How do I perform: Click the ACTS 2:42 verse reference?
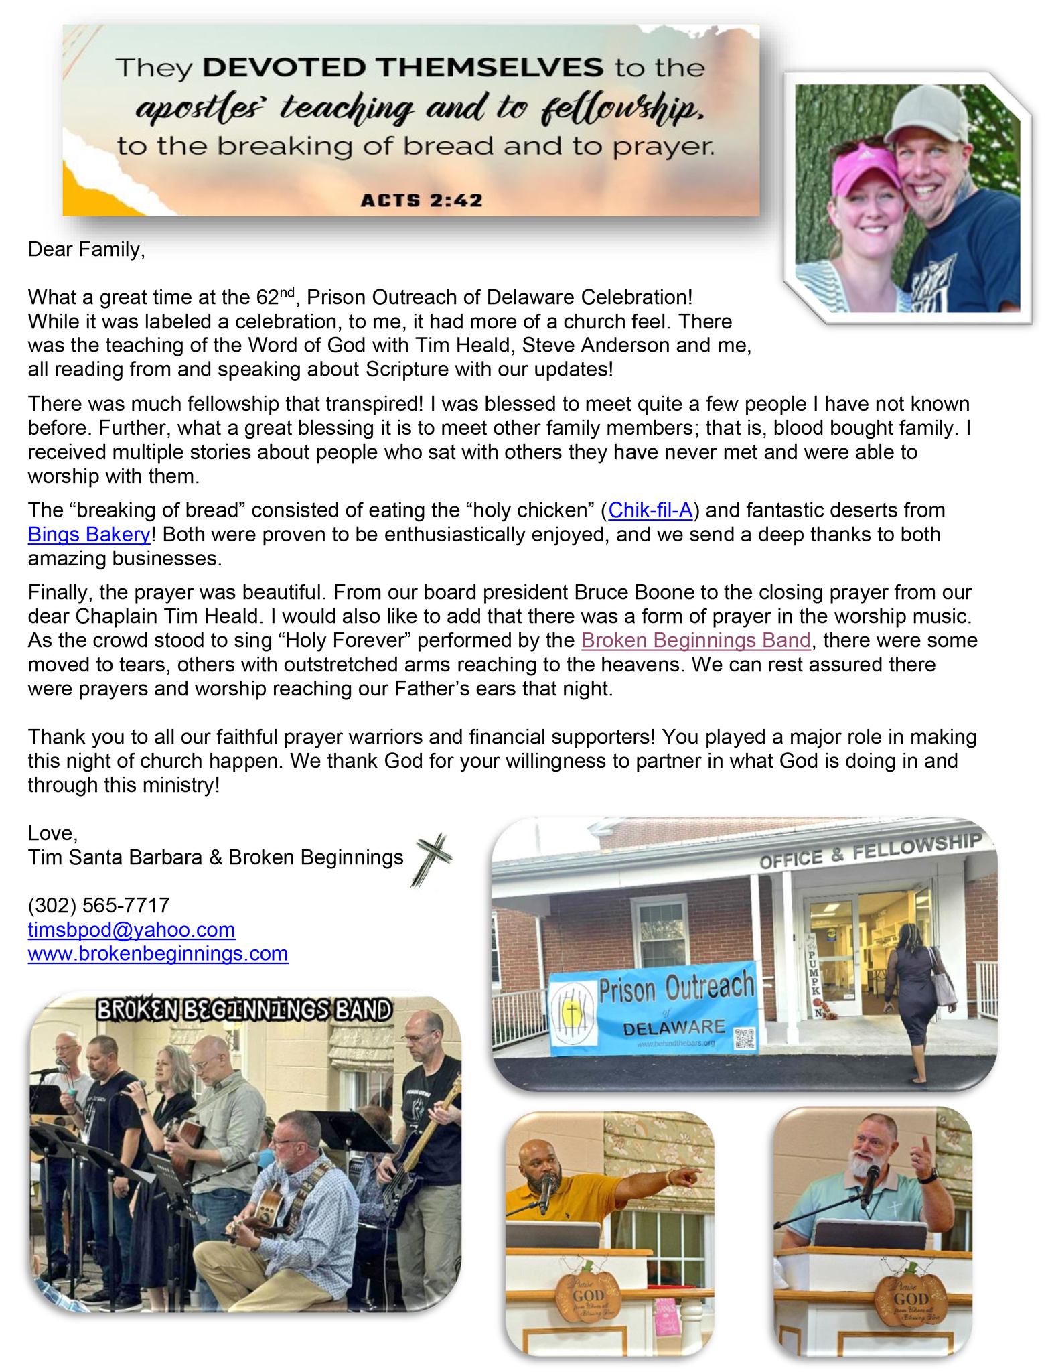click(421, 200)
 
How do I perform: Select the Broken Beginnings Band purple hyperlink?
click(696, 640)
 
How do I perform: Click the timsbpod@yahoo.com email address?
click(131, 929)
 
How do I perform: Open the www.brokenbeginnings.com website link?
click(158, 953)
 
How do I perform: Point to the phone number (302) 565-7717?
click(98, 905)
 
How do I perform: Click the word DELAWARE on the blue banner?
click(674, 1027)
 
